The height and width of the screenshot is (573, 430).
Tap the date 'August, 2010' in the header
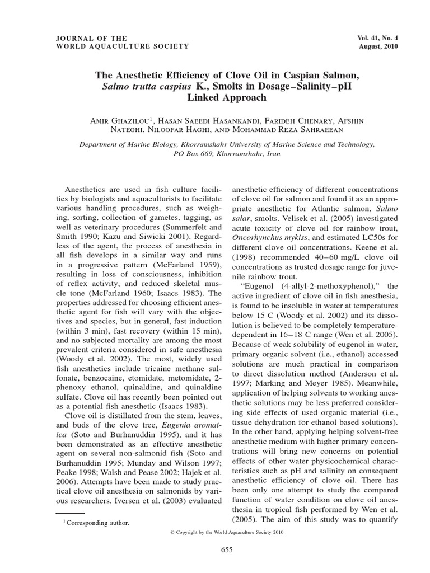click(378, 46)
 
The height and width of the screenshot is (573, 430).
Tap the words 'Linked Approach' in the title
click(214, 97)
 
